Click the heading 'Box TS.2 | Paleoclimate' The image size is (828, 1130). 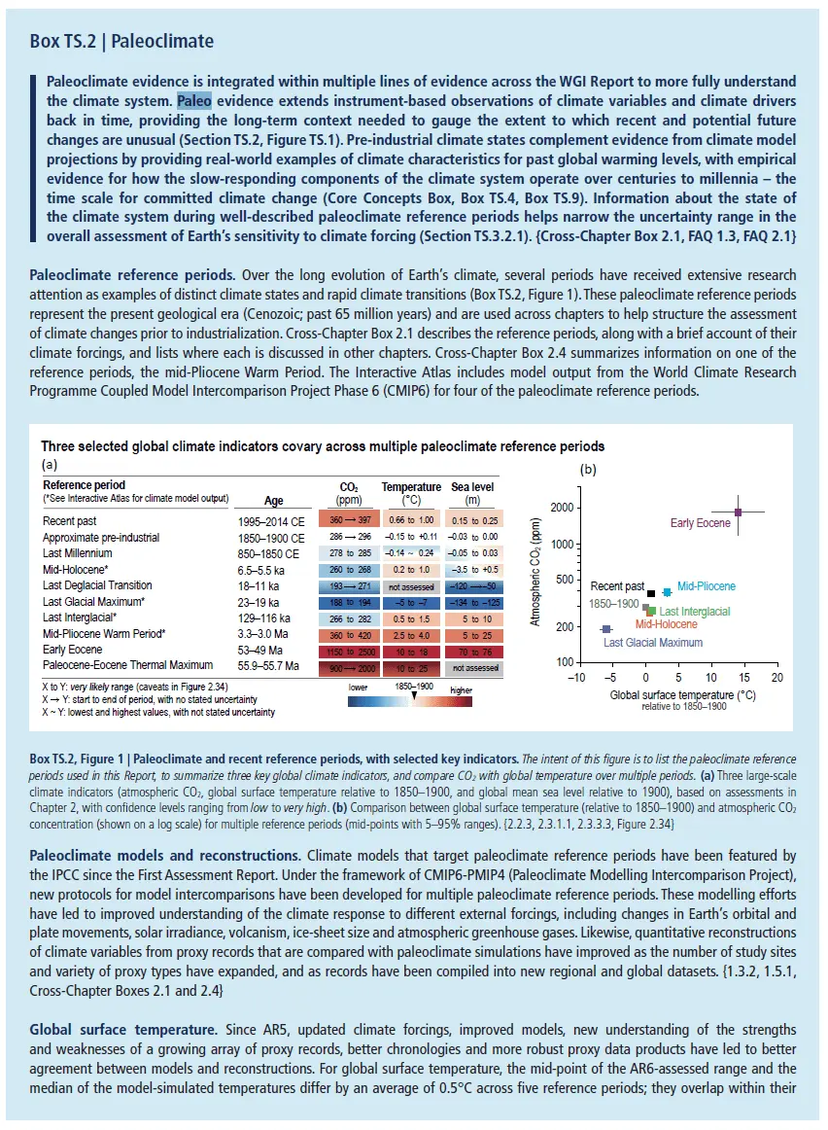[121, 42]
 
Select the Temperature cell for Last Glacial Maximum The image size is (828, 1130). [409, 604]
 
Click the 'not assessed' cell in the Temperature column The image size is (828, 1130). [409, 586]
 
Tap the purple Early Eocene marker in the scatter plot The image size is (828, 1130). [738, 512]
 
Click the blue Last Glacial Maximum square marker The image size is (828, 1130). [606, 628]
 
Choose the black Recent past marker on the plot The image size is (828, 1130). [650, 593]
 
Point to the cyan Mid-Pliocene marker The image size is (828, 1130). [667, 591]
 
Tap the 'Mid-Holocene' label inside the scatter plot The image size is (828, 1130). [666, 624]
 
